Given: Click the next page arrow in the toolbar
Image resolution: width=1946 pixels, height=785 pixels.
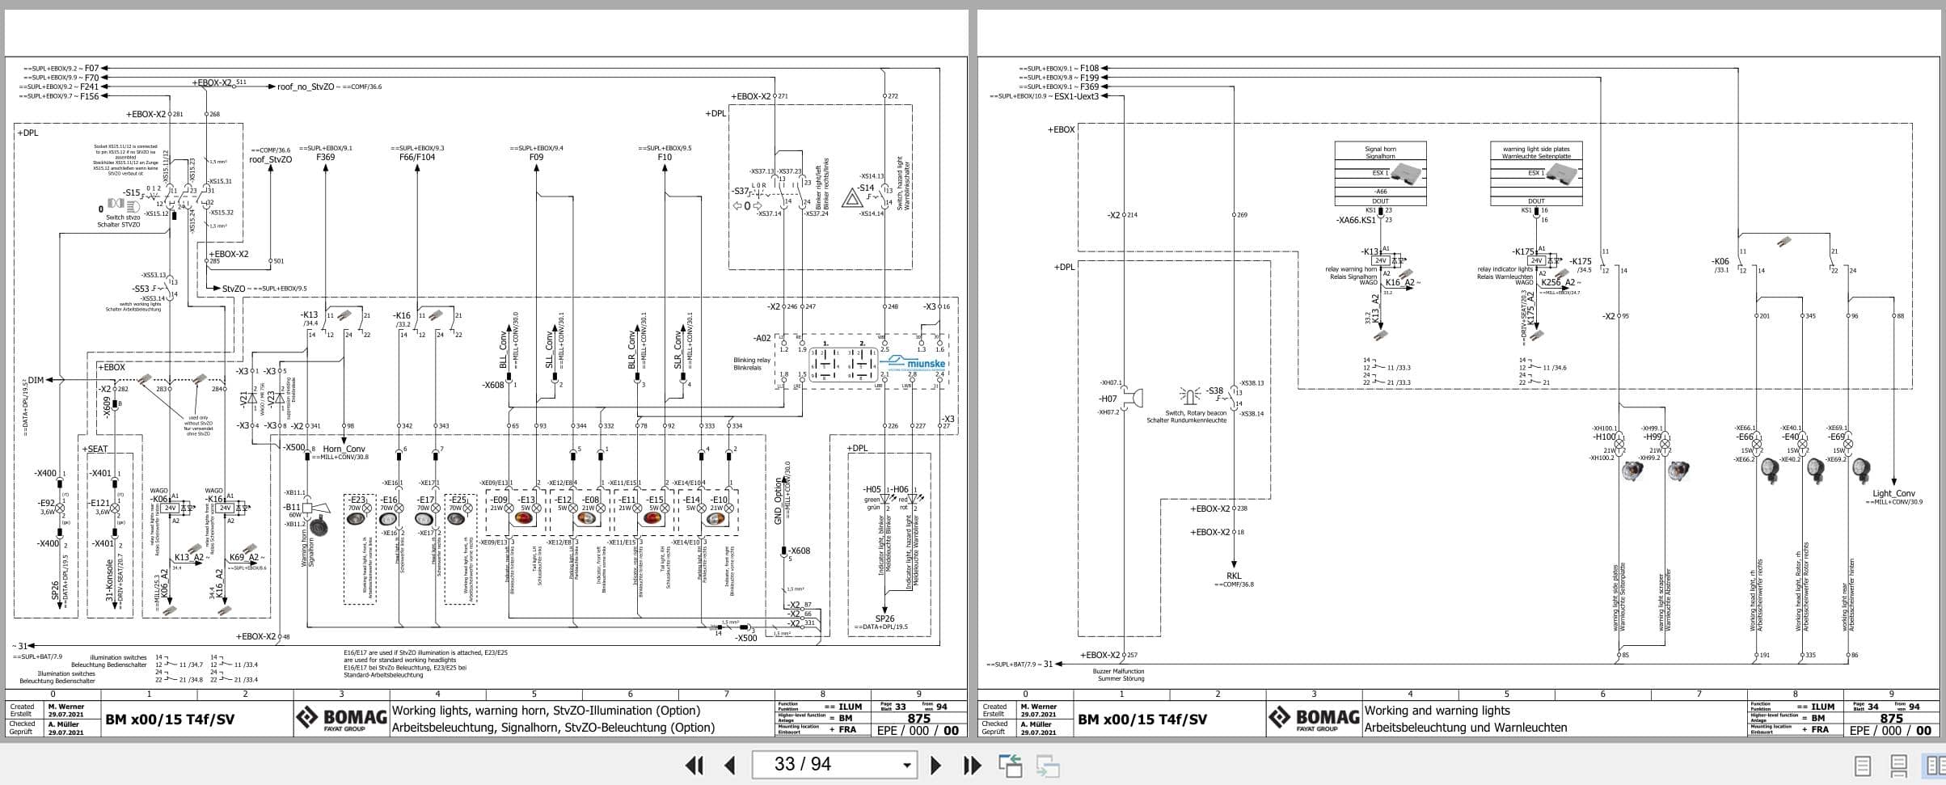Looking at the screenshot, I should [935, 765].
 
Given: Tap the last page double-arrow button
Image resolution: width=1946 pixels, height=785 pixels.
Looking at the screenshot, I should [972, 765].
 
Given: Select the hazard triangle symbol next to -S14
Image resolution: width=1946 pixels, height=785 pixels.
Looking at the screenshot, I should [851, 197].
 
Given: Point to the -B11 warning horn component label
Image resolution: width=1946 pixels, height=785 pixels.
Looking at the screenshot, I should [291, 508].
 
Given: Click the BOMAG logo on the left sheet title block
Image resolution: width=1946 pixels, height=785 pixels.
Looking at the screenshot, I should [341, 718].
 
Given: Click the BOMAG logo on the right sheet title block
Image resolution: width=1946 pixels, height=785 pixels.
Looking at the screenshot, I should [1314, 718].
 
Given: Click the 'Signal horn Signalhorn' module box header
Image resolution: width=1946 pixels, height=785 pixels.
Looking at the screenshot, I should [1380, 153].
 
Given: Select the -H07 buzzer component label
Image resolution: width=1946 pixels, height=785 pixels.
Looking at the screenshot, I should [1107, 399].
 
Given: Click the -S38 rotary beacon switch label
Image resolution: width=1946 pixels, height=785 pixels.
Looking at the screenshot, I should [1214, 391].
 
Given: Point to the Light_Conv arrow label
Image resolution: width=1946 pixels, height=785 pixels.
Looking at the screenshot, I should [1893, 493].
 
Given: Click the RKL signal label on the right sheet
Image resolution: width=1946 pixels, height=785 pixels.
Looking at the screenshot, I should [1233, 576].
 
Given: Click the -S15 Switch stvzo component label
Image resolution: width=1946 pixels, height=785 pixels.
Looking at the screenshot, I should [132, 193].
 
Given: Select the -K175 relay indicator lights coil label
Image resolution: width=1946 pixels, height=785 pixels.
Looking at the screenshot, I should [1523, 252].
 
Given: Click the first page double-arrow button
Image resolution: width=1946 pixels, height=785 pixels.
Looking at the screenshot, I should [694, 765].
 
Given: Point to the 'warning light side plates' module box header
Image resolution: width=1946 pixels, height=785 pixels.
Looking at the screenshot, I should [1536, 153].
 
